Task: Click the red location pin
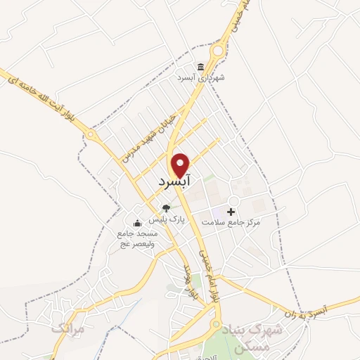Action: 181,164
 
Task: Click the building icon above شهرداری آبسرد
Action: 201,67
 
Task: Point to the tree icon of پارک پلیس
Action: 166,207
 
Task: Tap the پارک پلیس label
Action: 166,219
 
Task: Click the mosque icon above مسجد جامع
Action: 137,224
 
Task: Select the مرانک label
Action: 68,328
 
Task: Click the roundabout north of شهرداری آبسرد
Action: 219,50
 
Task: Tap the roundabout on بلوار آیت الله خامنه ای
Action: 91,135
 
